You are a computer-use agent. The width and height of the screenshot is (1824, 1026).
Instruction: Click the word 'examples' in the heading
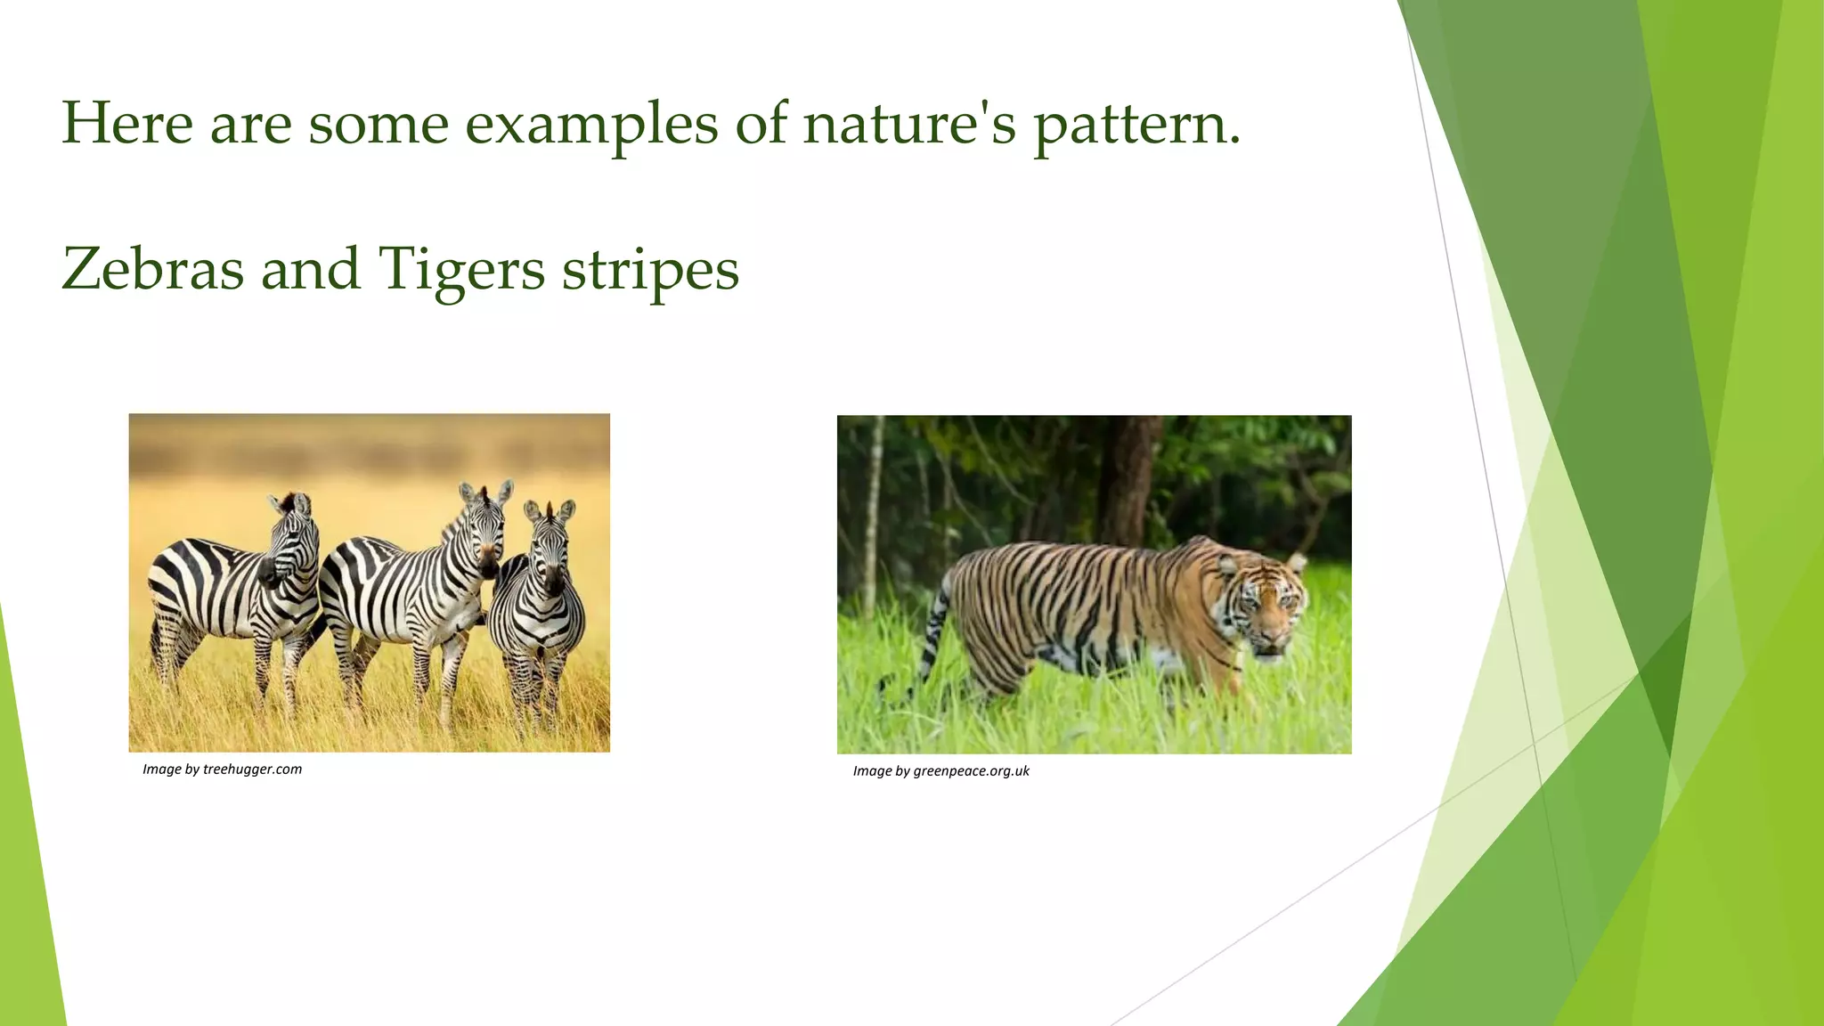point(591,125)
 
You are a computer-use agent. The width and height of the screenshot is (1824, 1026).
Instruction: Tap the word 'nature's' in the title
point(908,125)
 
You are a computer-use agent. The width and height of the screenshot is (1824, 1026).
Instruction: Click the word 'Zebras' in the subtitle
point(152,269)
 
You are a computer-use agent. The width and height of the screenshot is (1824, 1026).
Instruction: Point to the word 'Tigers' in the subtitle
point(461,269)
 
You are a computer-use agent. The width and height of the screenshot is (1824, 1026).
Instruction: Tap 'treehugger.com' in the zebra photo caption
point(252,769)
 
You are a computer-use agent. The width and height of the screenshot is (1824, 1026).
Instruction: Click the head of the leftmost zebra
point(294,543)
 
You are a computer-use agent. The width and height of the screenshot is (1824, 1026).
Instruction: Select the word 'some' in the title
point(378,125)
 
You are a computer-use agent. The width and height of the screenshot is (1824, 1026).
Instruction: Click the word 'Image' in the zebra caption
point(162,769)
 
